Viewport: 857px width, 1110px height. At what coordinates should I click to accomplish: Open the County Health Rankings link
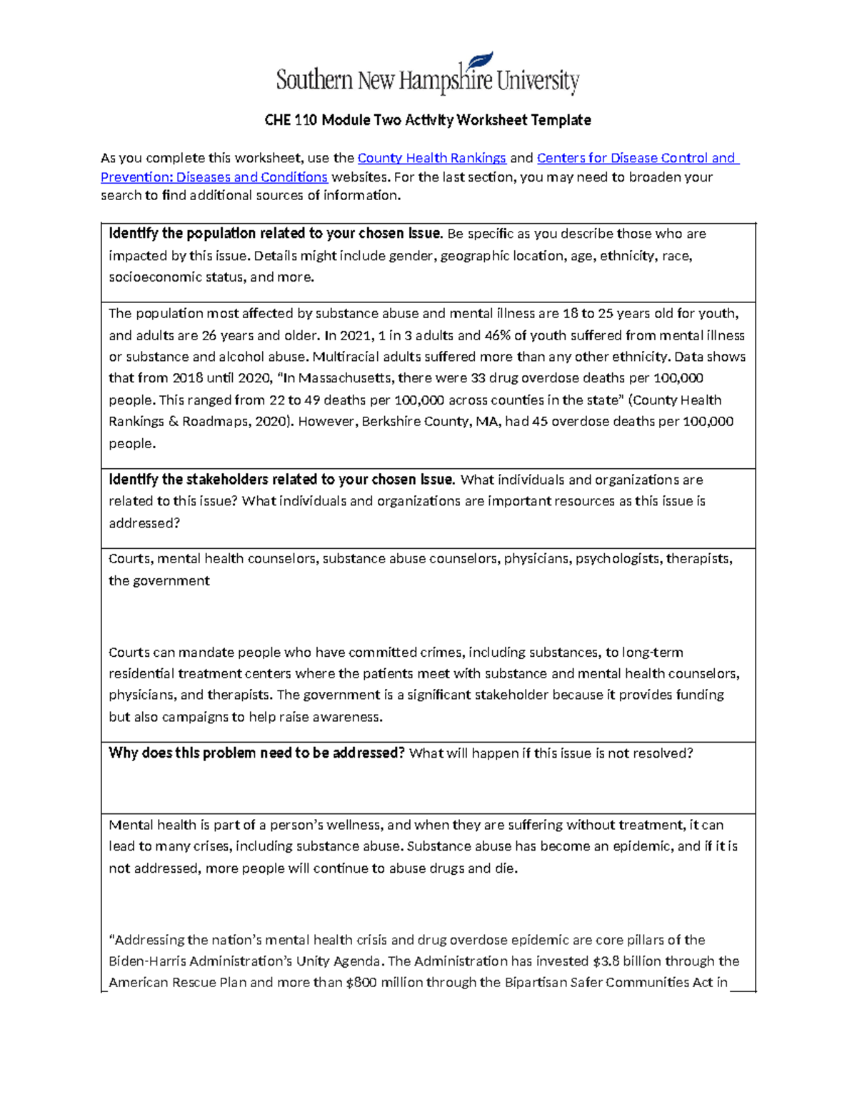coord(431,158)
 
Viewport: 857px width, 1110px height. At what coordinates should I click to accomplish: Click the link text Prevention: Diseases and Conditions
coord(214,177)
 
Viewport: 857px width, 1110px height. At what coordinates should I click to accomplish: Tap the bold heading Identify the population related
coord(275,234)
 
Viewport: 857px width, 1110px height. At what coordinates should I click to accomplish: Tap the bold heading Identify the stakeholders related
coord(281,480)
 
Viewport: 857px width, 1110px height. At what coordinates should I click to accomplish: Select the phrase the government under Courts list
coord(159,580)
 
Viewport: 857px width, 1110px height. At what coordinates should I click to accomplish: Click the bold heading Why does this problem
coord(256,753)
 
